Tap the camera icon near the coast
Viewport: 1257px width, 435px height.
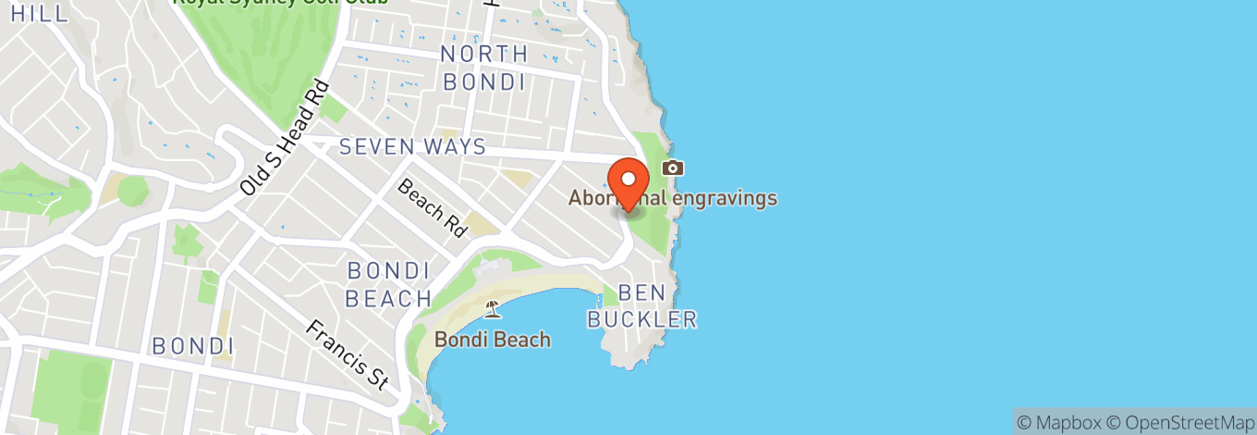pos(673,168)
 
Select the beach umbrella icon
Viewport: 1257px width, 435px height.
pos(492,309)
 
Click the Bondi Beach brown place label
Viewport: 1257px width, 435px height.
pos(493,340)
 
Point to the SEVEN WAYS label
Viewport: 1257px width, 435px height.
pos(412,146)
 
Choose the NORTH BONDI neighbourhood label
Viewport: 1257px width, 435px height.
pos(484,68)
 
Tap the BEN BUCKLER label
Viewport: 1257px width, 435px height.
pos(643,306)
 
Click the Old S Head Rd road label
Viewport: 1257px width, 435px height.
pos(284,139)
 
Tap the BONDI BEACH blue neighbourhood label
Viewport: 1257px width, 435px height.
pos(389,285)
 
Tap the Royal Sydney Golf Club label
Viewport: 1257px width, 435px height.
pos(280,3)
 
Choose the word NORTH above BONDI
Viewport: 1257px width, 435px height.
pos(484,54)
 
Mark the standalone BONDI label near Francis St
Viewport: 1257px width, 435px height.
pos(192,346)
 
